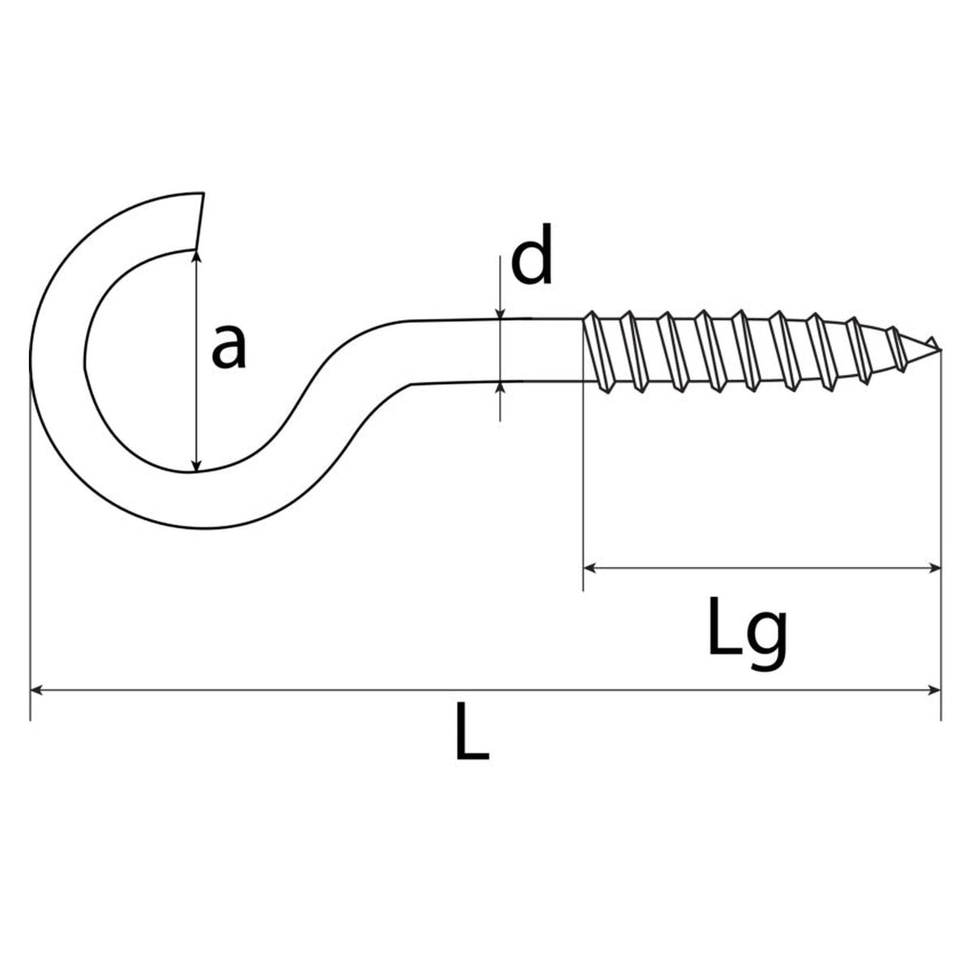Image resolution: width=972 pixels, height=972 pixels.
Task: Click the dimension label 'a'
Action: pos(229,347)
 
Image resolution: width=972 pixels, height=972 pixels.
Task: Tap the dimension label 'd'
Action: pos(532,254)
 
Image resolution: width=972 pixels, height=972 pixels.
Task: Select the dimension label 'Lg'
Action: pos(747,633)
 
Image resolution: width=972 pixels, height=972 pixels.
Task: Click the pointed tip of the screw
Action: pos(940,348)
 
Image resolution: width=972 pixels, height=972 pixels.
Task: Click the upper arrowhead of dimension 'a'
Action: pos(197,256)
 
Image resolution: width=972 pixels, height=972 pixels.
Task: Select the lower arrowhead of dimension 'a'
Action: pos(197,466)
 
